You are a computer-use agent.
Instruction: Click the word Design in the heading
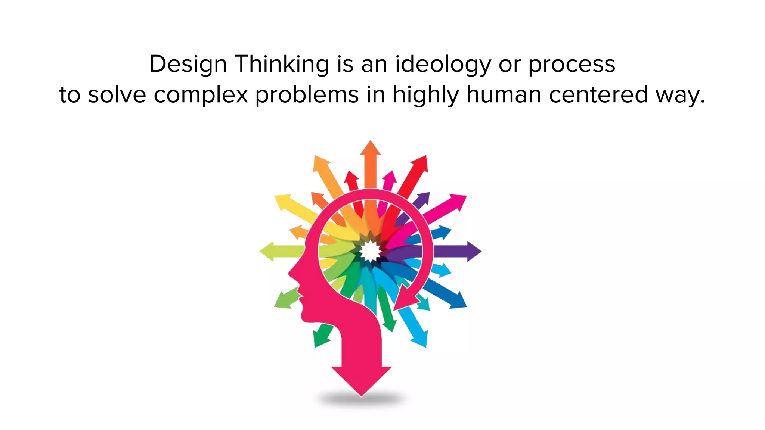pyautogui.click(x=188, y=64)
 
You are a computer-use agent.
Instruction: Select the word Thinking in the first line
pyautogui.click(x=282, y=64)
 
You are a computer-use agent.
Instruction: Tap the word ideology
pyautogui.click(x=443, y=64)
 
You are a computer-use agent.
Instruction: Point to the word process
pyautogui.click(x=571, y=64)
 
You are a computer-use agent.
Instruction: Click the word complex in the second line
pyautogui.click(x=201, y=95)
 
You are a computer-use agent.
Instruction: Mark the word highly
pyautogui.click(x=425, y=95)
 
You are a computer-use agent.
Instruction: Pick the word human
pyautogui.click(x=504, y=95)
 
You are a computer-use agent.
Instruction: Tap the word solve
pyautogui.click(x=117, y=95)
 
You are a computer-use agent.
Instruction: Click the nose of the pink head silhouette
pyautogui.click(x=290, y=274)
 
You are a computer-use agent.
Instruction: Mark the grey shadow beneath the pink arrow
pyautogui.click(x=361, y=400)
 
